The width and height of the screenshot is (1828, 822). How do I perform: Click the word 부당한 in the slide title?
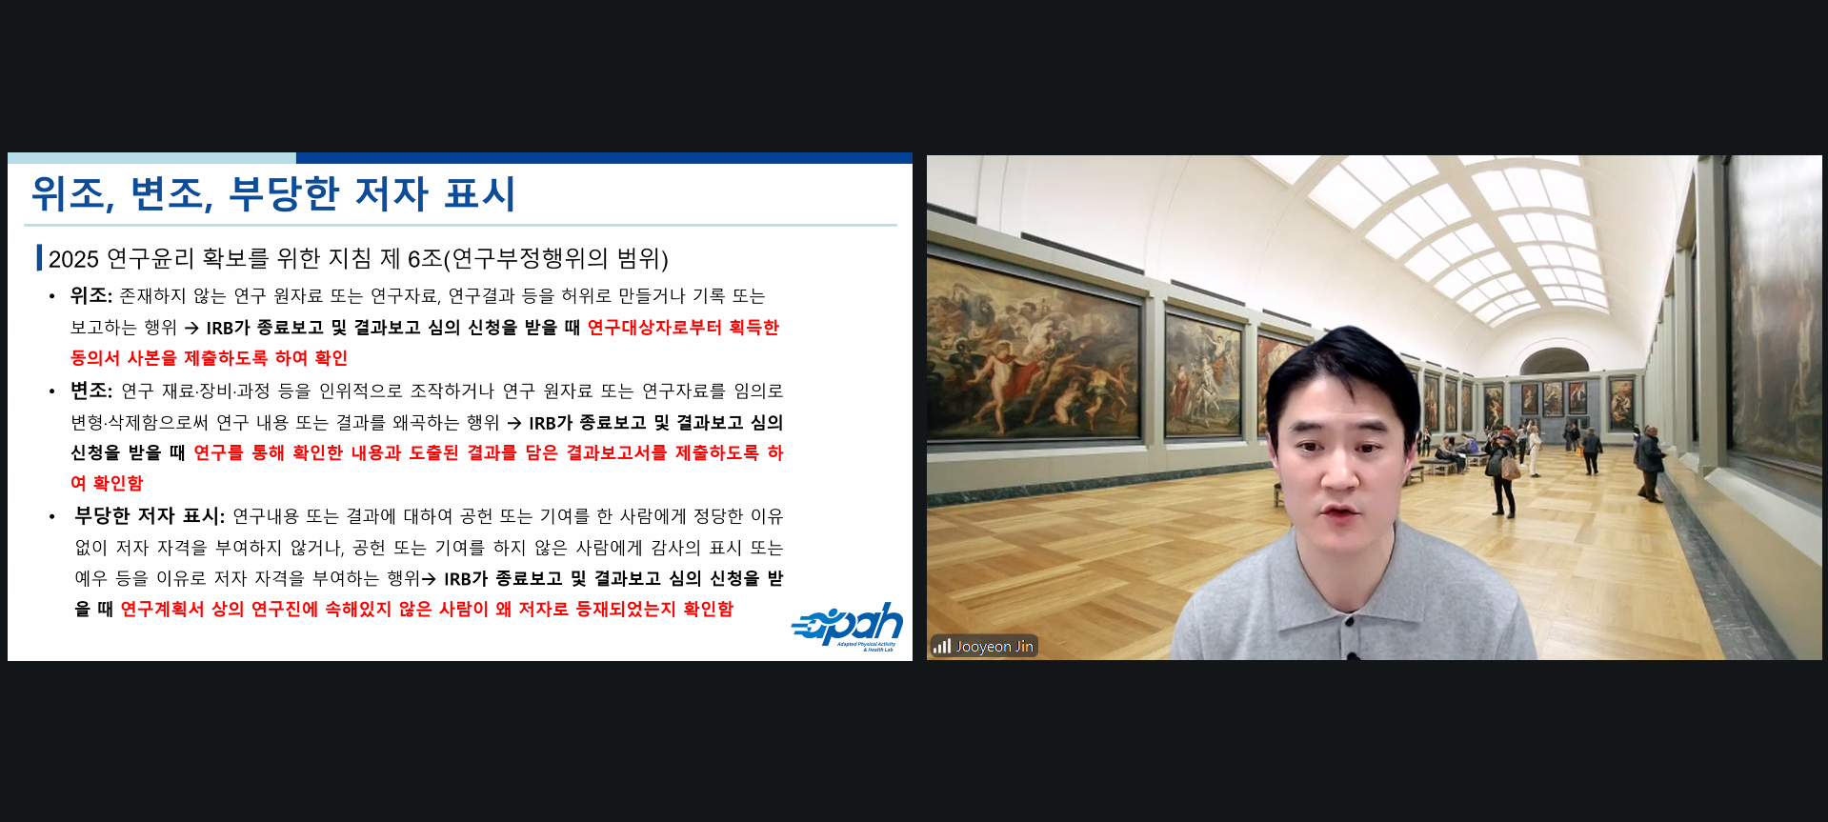pos(284,193)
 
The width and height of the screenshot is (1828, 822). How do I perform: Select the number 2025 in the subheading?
pos(73,259)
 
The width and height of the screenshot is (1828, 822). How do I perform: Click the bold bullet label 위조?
pos(91,295)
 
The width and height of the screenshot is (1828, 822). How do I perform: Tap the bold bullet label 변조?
pos(91,391)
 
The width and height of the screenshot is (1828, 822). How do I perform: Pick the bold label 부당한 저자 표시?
pos(150,516)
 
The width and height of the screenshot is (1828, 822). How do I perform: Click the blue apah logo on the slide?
pos(847,627)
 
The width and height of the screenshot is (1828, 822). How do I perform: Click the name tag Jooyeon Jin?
pos(994,647)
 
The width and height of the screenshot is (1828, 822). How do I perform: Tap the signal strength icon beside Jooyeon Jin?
pos(941,647)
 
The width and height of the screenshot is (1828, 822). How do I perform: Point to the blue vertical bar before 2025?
pos(39,258)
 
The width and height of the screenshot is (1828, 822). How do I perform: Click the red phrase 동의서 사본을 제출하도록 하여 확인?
pos(209,358)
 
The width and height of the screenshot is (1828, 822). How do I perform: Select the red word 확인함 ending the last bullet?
pos(708,609)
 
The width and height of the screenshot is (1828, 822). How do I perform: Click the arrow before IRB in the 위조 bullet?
pos(191,328)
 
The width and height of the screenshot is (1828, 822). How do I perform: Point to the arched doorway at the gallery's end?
pos(1554,362)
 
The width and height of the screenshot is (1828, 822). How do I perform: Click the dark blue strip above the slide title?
pos(604,158)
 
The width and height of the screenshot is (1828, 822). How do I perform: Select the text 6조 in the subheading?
pos(425,259)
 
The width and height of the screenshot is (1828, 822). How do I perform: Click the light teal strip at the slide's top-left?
pos(151,158)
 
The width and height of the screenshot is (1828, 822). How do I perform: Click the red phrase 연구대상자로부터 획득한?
pos(683,328)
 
